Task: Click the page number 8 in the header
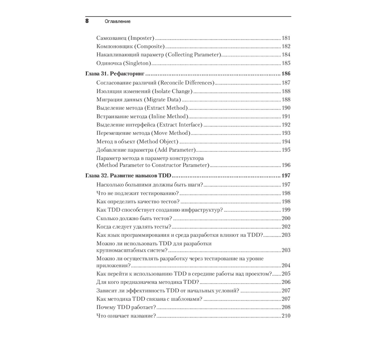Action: point(87,21)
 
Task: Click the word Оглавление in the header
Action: point(117,21)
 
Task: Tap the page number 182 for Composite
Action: point(286,46)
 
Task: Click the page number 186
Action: point(286,74)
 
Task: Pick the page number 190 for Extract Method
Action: point(286,108)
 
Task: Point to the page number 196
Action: point(286,165)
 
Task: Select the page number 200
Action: point(286,218)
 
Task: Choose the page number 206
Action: point(286,282)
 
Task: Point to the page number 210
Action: point(286,316)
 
